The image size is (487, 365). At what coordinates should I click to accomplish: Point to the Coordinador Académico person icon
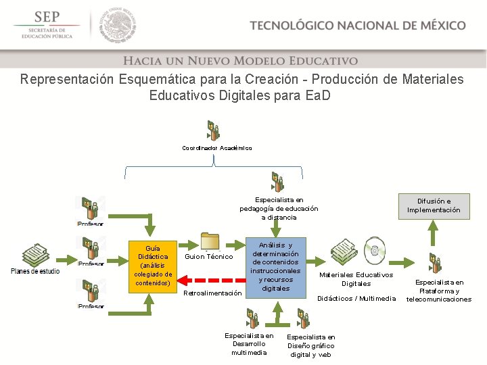coord(214,130)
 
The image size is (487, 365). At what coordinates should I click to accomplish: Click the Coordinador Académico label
coord(217,148)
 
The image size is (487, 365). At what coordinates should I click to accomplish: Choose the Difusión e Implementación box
coord(434,205)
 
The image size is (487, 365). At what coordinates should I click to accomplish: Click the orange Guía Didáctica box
coord(153,266)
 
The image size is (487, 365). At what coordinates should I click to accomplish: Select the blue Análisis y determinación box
coord(275,266)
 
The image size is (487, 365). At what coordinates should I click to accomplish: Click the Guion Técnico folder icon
coord(210,242)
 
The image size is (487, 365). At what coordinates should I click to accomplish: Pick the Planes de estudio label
coord(35,272)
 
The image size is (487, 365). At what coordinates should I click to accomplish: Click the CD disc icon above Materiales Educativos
coord(375,248)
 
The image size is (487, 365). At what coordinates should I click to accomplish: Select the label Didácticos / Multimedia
coord(356,298)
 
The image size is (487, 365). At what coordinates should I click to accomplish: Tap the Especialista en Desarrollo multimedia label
coord(249,343)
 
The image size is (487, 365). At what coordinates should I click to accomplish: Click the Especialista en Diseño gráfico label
coord(311,345)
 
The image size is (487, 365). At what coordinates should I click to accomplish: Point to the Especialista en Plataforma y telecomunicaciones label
coord(439,291)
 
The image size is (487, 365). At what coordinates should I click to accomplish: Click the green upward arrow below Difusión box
coord(434,234)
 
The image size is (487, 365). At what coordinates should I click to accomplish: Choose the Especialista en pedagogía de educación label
coord(279,208)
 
